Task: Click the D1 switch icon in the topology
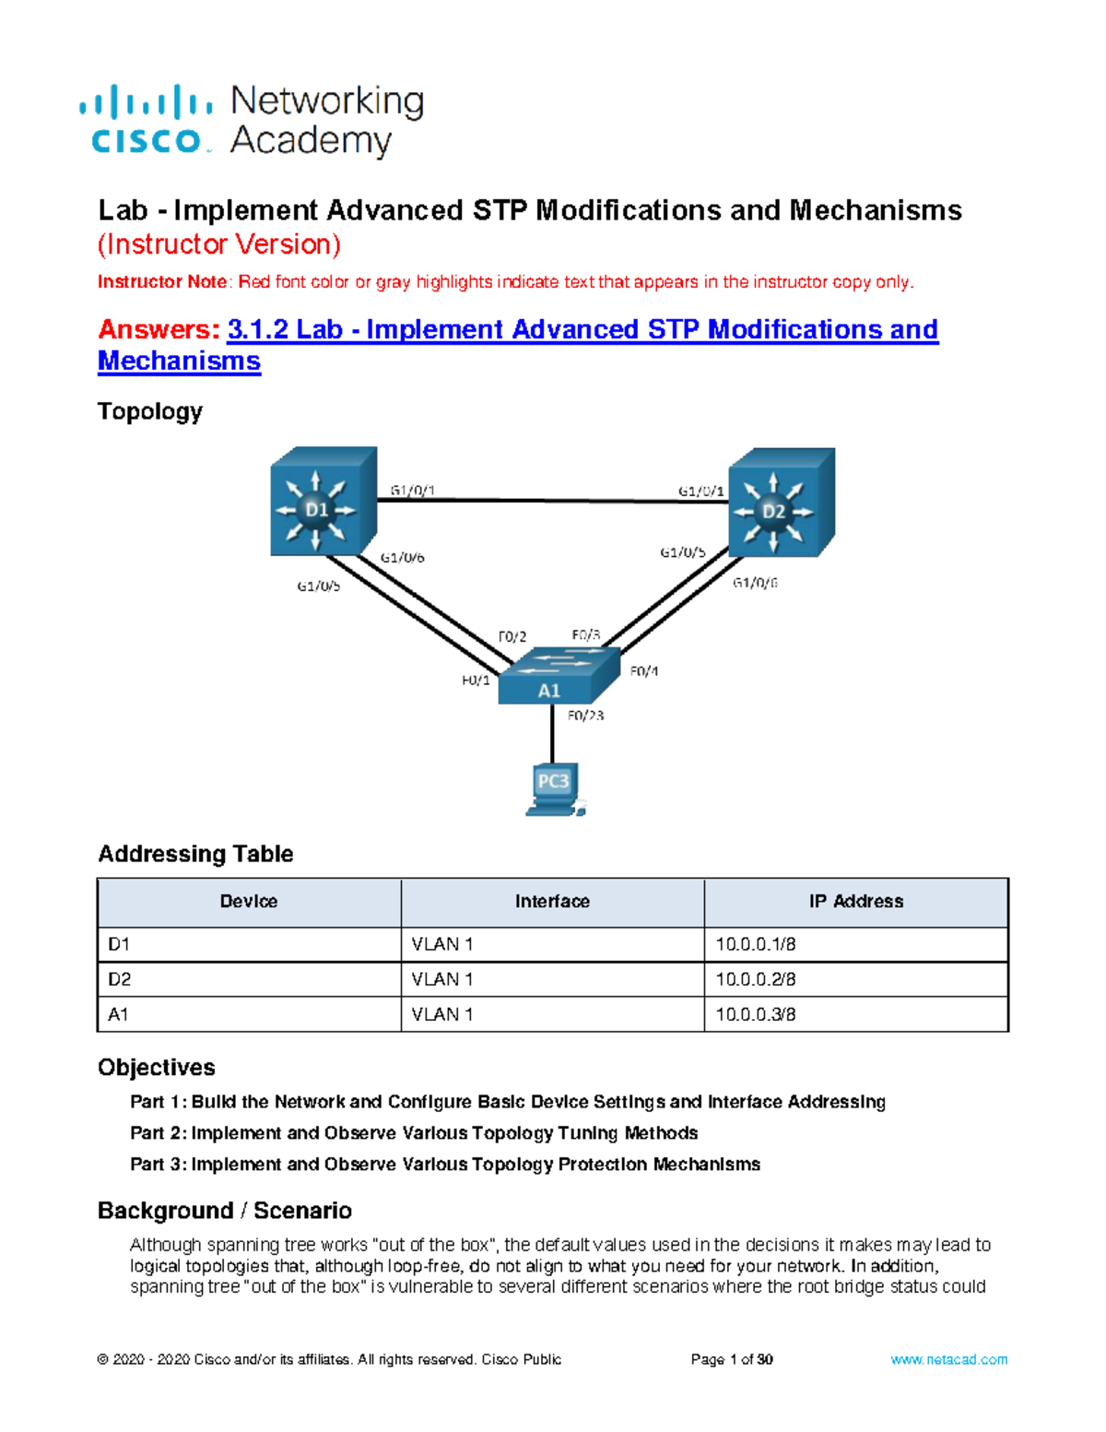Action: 322,503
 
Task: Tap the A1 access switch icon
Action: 556,679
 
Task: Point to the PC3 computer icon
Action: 554,788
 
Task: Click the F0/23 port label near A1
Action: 585,716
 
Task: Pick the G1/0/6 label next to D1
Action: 403,558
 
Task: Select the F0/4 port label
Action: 644,671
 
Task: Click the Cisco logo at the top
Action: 147,120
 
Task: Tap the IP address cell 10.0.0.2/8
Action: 756,979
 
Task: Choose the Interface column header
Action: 552,902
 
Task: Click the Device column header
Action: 249,902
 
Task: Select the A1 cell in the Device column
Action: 119,1014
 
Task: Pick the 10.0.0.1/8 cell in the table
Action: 756,944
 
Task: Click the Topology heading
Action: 150,411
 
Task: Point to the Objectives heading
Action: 157,1068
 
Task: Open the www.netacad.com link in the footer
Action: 948,1359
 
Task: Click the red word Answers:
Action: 159,330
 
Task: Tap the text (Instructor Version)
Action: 219,244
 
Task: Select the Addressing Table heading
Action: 195,854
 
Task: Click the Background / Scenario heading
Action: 225,1211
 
